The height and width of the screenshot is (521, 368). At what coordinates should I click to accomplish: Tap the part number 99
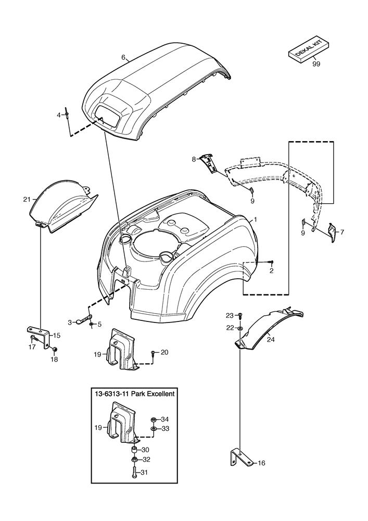pos(316,65)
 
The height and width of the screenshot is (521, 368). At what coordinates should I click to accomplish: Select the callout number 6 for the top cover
pos(123,58)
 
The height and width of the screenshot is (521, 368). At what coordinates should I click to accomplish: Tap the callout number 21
pos(27,199)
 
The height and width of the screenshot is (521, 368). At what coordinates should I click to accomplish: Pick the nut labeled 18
pos(56,349)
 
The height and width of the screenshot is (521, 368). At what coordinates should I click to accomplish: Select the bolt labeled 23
pos(240,315)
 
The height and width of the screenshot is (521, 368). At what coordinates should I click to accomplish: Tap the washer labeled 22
pos(239,328)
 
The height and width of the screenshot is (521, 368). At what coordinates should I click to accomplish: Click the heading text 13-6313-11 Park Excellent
pos(134,394)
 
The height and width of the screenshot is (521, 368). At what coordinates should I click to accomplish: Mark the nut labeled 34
pos(153,419)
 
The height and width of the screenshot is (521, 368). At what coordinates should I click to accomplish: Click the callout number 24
pos(270,339)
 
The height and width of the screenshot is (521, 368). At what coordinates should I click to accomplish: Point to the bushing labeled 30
pos(133,450)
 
